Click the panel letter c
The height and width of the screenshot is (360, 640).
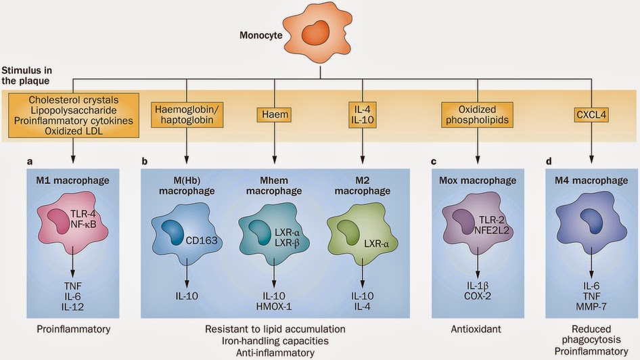pos(435,163)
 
